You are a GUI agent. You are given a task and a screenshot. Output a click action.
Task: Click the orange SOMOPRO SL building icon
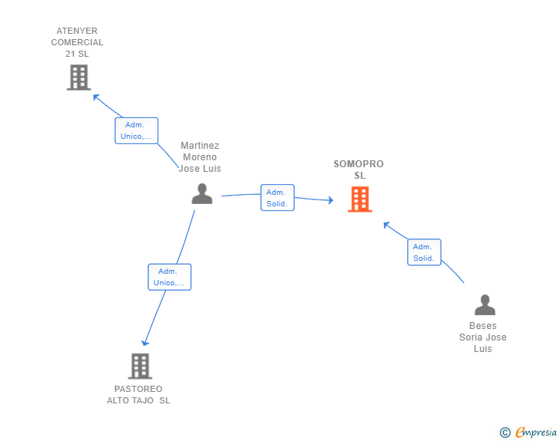359,199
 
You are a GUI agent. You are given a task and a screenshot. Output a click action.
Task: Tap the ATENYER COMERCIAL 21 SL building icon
78,77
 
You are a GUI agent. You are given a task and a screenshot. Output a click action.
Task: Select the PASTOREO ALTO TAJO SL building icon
140,366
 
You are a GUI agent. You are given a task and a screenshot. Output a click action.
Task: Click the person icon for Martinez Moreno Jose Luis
202,194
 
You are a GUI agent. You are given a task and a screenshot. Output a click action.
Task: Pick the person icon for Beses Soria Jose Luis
485,305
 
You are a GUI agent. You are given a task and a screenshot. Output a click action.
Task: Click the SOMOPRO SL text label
359,169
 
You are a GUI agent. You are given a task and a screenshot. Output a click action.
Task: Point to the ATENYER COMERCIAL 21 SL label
77,43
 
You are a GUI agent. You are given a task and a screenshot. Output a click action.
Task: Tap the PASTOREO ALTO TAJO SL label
138,394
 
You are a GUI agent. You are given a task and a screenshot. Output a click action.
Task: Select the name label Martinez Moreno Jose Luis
200,157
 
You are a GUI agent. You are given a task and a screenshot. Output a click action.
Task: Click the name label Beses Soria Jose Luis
483,337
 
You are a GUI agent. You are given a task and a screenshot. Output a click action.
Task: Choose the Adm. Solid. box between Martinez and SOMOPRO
277,198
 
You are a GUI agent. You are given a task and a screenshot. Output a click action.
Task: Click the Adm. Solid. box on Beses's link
424,252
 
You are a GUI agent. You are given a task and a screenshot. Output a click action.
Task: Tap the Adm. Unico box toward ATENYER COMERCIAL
137,130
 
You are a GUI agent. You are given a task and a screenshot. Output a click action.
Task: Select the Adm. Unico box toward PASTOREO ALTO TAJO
169,277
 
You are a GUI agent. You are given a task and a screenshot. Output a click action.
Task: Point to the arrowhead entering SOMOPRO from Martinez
330,201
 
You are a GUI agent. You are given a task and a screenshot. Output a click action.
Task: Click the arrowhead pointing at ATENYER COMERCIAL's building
96,97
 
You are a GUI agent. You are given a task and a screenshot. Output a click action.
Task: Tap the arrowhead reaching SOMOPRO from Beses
387,225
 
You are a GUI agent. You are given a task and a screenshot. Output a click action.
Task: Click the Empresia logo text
536,433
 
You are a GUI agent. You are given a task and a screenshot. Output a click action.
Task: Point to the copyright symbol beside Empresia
504,433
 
